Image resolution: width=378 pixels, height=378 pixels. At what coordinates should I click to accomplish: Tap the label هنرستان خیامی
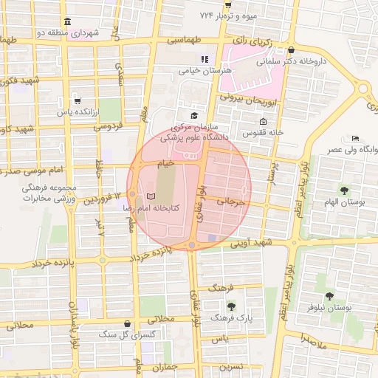click(204, 71)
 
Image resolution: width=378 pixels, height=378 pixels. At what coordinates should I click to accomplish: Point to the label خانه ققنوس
click(267, 132)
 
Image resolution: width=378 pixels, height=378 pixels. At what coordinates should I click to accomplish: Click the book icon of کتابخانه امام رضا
click(151, 197)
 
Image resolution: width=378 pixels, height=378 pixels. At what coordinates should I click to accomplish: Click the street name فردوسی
click(108, 127)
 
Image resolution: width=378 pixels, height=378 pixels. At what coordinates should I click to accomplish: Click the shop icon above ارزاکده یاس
click(78, 101)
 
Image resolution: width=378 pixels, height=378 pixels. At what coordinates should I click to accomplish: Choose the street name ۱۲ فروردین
click(95, 199)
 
